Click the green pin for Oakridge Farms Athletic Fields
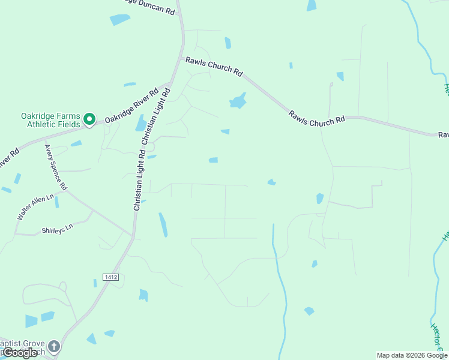89,120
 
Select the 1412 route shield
110,277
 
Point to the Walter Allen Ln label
35,207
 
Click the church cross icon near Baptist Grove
54,347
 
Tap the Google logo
20,353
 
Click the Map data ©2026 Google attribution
412,355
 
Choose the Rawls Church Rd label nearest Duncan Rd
214,66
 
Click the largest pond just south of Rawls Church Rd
238,101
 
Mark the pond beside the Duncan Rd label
120,19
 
